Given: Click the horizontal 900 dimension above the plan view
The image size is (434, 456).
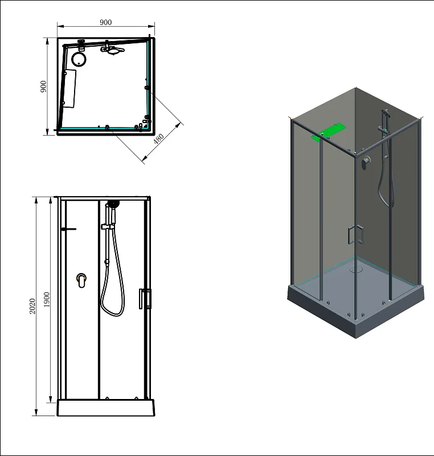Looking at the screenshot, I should pyautogui.click(x=105, y=22).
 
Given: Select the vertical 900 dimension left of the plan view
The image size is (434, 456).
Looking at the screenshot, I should pyautogui.click(x=43, y=87).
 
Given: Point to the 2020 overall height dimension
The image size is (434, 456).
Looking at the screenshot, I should pyautogui.click(x=32, y=306).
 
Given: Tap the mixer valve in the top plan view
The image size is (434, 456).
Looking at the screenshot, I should pyautogui.click(x=113, y=50).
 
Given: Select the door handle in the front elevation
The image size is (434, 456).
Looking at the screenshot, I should pyautogui.click(x=146, y=299).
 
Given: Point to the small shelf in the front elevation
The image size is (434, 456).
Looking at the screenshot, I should pyautogui.click(x=68, y=229).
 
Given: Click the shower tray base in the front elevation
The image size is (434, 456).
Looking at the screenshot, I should pyautogui.click(x=106, y=408).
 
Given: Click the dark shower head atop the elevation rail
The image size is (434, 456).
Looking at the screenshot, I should pyautogui.click(x=113, y=203).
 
